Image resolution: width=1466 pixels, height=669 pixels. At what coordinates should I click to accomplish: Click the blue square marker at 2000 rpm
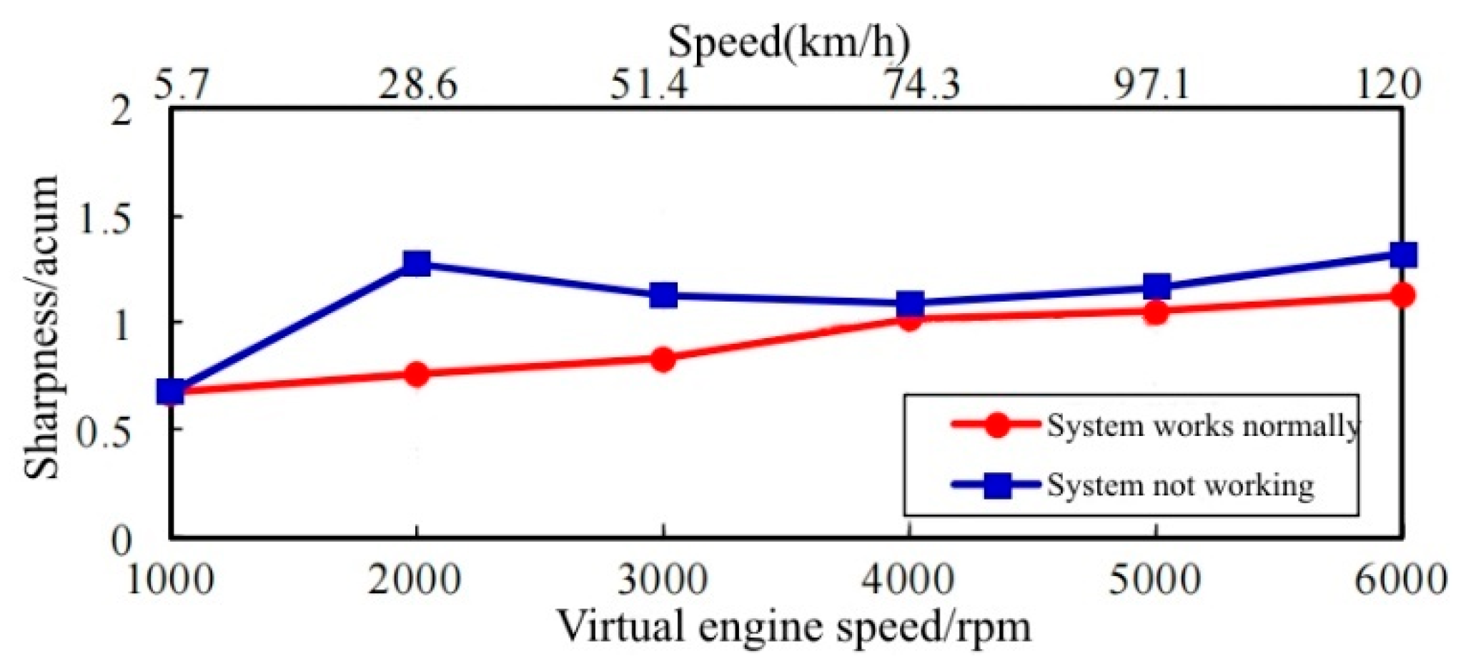416,263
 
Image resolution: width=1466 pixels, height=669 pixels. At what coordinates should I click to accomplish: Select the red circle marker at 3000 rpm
663,359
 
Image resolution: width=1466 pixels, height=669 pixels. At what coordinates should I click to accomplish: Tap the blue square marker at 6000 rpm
1403,254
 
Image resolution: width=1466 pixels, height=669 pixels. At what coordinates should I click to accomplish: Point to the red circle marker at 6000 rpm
1403,294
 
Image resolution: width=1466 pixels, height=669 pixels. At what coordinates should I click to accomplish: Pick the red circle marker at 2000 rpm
416,374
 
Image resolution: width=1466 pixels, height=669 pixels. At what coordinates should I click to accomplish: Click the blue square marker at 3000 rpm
663,294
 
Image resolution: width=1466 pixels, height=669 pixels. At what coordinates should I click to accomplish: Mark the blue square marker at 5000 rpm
1157,287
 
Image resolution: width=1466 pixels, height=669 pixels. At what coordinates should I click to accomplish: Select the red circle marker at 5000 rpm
1156,312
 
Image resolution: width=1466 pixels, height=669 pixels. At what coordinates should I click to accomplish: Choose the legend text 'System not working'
1180,485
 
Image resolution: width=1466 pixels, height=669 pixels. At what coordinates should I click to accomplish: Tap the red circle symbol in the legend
996,425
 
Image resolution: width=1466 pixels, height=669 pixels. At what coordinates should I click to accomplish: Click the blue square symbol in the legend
997,485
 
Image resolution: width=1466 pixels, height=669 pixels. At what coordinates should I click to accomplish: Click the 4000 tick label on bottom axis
908,580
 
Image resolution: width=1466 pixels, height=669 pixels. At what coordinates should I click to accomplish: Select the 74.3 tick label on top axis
922,86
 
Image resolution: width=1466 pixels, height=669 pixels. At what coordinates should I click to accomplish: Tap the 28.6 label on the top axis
417,86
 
